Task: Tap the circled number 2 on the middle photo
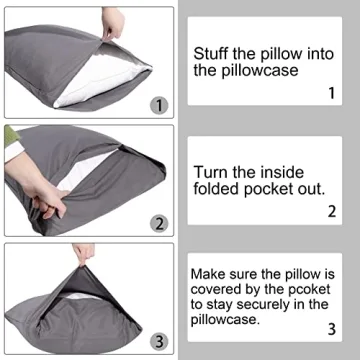click(x=157, y=222)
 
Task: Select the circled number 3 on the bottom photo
click(x=157, y=342)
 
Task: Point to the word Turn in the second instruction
click(x=212, y=172)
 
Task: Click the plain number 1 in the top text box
click(x=330, y=94)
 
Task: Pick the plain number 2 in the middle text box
click(x=330, y=211)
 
